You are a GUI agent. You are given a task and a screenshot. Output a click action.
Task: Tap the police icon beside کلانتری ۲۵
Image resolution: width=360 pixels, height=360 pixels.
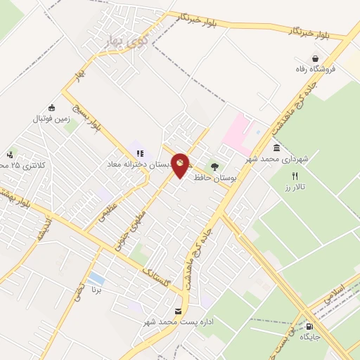click(9, 155)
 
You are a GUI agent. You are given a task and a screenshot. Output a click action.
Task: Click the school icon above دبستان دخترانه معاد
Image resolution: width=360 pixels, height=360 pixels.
click(139, 153)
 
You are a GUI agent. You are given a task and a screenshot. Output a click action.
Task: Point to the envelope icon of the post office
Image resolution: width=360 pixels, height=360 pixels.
click(176, 311)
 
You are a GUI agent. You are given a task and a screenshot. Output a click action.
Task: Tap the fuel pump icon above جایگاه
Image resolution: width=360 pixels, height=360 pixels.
click(309, 326)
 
